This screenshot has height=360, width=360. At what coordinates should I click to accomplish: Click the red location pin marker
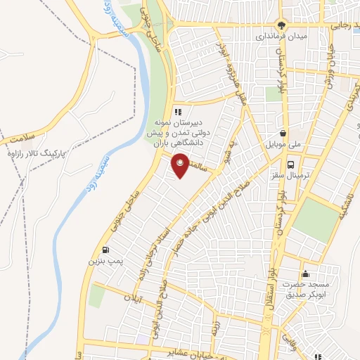[181, 166]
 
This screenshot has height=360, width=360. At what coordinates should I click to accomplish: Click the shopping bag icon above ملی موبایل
[282, 131]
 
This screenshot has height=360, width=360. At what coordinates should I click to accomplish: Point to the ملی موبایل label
[282, 143]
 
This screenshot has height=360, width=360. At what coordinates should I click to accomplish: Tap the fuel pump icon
[105, 249]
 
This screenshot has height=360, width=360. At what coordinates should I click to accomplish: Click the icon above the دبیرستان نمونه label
[178, 112]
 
